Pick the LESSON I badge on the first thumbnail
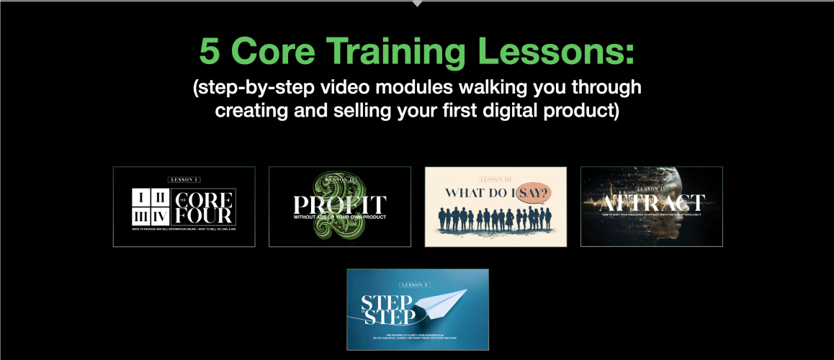click(184, 179)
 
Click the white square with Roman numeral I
click(143, 197)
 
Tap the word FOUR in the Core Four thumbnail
click(207, 215)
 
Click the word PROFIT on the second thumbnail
click(339, 204)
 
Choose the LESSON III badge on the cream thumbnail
click(496, 179)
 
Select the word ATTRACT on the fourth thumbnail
click(651, 202)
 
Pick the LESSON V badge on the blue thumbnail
click(418, 286)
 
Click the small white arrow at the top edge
click(417, 4)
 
